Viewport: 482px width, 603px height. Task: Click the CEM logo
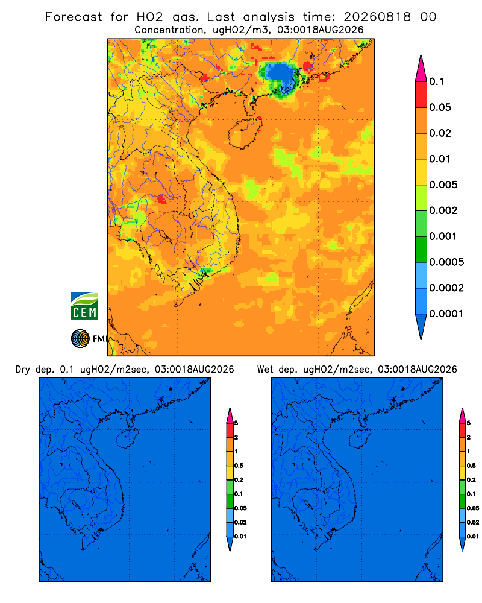click(84, 306)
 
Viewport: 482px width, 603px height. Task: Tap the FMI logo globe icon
click(80, 338)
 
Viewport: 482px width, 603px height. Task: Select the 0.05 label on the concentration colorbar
click(440, 107)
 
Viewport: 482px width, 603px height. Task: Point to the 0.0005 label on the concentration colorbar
click(446, 262)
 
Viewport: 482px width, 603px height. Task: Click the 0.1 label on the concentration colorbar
click(436, 81)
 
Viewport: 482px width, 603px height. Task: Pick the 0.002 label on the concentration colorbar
click(443, 210)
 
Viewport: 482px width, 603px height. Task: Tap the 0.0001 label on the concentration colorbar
click(446, 314)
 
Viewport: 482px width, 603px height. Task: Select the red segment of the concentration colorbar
click(421, 95)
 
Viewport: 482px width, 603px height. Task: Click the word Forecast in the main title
click(74, 17)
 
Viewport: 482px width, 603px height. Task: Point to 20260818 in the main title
click(377, 17)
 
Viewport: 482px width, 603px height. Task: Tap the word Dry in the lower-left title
click(23, 370)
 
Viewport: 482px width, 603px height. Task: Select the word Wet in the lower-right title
click(266, 370)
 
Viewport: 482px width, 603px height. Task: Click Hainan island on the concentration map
click(245, 133)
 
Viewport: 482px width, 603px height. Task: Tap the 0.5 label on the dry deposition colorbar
click(239, 466)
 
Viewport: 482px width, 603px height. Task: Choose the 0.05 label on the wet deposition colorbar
click(473, 508)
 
